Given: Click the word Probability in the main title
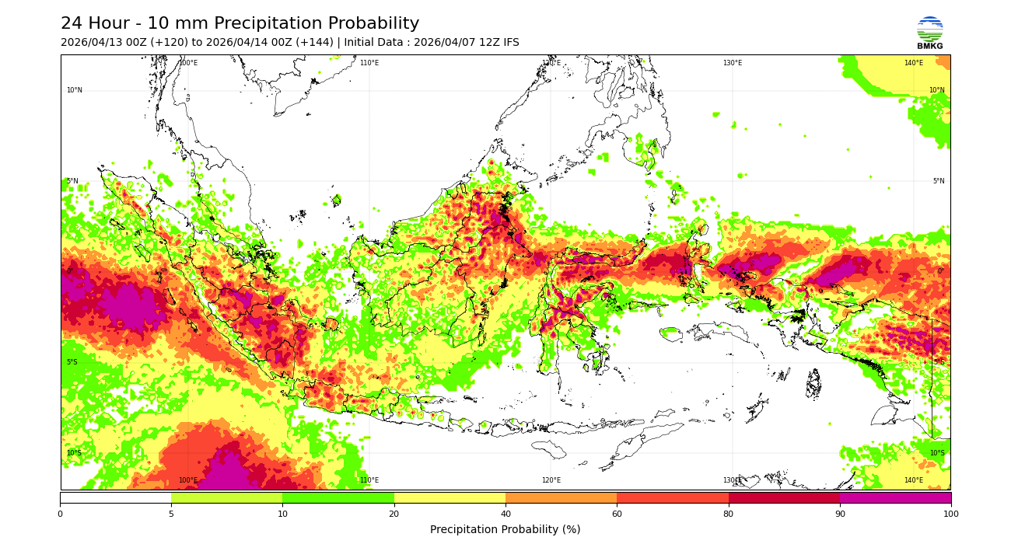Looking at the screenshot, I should tap(369, 24).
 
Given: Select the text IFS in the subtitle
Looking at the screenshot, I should tap(509, 43).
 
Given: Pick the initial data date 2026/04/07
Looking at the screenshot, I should tap(441, 43).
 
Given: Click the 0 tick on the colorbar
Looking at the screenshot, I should tap(60, 514).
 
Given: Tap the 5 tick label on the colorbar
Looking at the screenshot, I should tap(171, 514).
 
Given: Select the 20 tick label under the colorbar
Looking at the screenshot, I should tap(394, 514).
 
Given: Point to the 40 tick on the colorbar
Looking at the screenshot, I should tap(505, 514).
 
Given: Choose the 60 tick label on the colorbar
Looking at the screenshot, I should tap(617, 514).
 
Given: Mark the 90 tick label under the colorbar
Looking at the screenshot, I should tap(839, 514).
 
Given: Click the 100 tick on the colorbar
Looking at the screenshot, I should tap(950, 514).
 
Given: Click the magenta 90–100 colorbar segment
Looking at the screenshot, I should tap(895, 497).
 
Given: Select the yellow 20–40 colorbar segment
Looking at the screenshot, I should tap(450, 497).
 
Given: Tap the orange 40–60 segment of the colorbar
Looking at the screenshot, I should tap(561, 497).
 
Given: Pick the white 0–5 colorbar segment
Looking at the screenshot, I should tap(115, 497).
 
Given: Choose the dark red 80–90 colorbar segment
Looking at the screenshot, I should tap(784, 497).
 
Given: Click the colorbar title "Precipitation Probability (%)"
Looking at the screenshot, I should tap(505, 530).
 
